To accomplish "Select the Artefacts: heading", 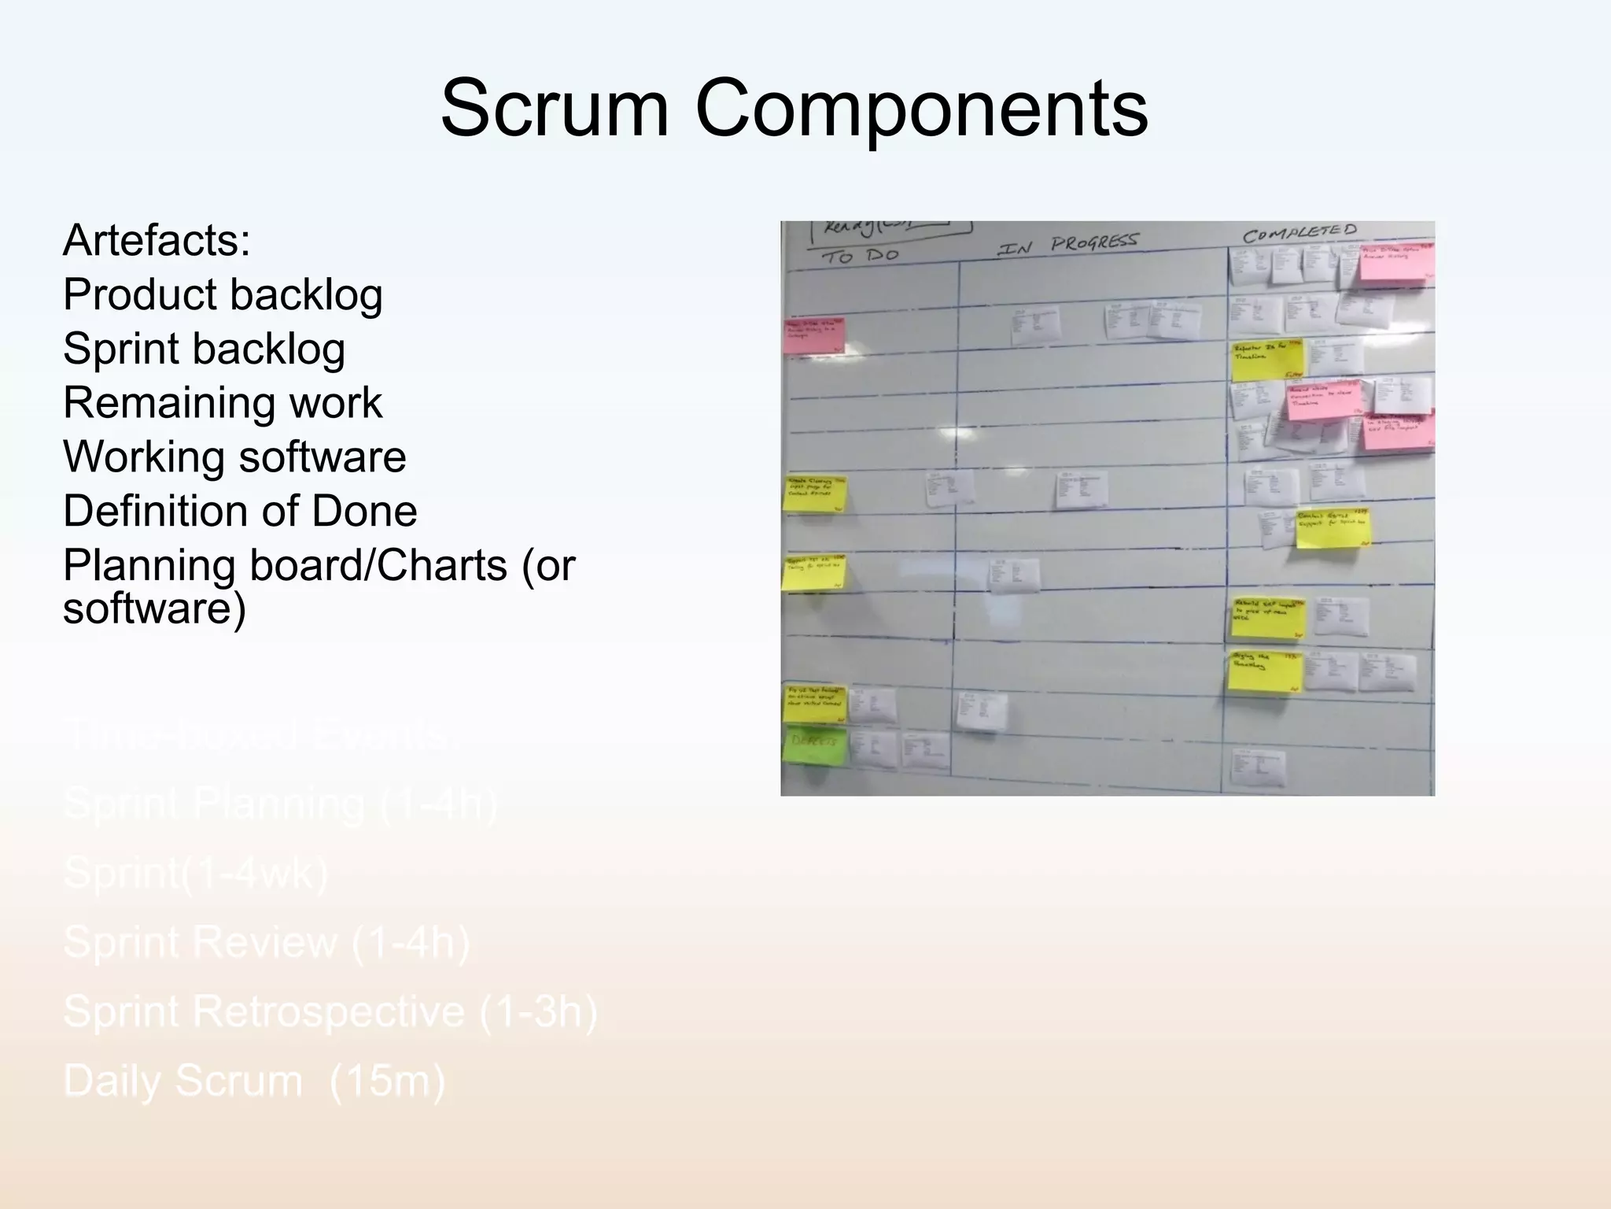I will click(x=157, y=240).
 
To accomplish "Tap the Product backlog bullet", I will click(x=223, y=294).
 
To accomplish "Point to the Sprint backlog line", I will click(x=204, y=349).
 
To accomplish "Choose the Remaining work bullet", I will click(x=222, y=403).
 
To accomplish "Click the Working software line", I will click(x=234, y=457).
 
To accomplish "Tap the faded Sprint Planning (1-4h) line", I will click(x=280, y=804).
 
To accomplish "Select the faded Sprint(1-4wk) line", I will click(x=195, y=873).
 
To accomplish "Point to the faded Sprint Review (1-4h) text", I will click(x=266, y=942).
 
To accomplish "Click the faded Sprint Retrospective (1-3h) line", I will click(x=330, y=1011).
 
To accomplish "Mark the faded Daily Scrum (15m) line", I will click(x=254, y=1081).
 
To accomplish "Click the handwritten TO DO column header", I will click(x=860, y=257).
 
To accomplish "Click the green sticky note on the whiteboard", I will click(x=815, y=745).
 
